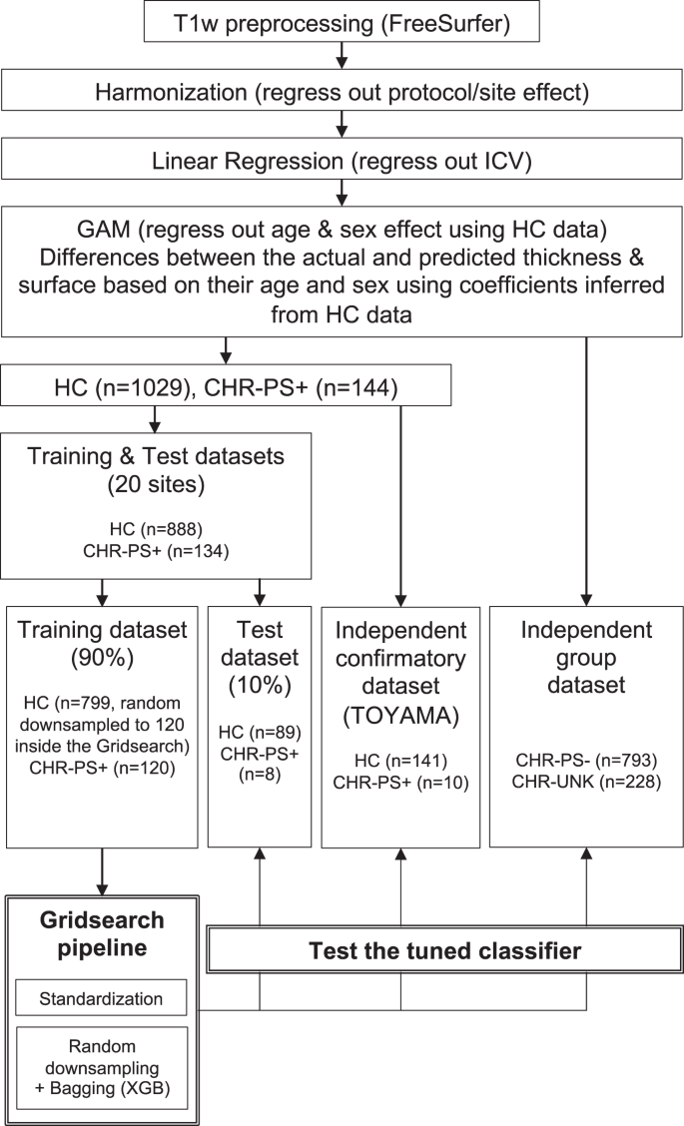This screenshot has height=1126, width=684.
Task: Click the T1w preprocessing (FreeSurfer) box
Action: click(342, 22)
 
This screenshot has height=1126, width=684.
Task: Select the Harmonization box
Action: click(342, 93)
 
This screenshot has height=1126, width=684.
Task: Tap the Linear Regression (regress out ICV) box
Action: click(342, 160)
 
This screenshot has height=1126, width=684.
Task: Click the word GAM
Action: click(104, 230)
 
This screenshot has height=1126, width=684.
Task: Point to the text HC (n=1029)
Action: click(123, 387)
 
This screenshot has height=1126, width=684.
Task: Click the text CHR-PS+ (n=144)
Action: click(302, 387)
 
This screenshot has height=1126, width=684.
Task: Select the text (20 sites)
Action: click(156, 484)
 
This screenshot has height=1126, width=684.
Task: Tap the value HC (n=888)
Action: click(156, 530)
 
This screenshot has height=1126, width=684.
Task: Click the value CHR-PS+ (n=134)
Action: click(156, 551)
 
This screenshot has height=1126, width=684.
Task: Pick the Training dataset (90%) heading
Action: click(102, 644)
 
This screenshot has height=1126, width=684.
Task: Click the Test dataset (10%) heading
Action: click(260, 657)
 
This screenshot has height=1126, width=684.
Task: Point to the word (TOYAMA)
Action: click(401, 716)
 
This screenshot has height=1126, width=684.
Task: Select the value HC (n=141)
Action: click(401, 761)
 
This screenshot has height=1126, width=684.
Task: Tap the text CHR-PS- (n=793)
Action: click(586, 760)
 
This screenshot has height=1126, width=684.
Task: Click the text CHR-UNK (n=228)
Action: click(586, 782)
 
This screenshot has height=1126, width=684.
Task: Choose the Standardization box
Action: click(101, 998)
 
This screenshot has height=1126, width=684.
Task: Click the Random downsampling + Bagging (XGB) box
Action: click(101, 1067)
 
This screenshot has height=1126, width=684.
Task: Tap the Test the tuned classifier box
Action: click(444, 950)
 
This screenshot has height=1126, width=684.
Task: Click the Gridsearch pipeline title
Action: click(101, 933)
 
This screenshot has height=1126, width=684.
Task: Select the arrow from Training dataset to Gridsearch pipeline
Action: click(102, 871)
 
